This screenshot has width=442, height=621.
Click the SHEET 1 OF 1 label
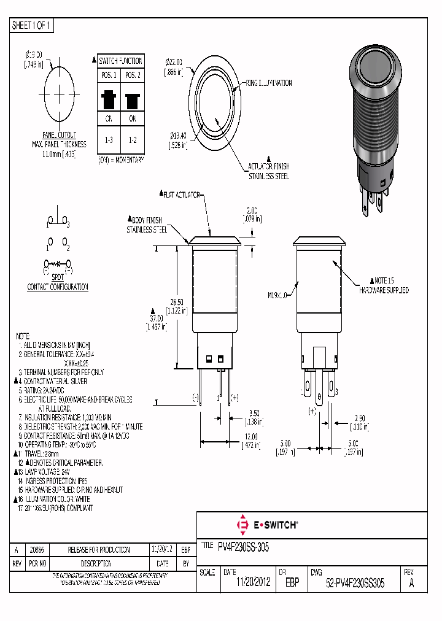pos(33,26)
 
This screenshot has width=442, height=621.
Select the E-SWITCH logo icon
pos(241,525)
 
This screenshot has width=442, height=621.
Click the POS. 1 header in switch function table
pos(109,75)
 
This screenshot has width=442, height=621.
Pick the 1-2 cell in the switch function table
pos(132,140)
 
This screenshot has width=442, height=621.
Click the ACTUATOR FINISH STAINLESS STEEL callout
pos(268,171)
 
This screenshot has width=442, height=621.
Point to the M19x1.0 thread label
pos(277,295)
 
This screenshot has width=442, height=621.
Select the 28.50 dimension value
pos(177,303)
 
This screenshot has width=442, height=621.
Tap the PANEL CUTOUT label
pos(60,136)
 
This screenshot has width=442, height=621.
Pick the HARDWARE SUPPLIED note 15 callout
pos(384,286)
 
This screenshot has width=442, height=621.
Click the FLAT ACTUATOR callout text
pos(182,195)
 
